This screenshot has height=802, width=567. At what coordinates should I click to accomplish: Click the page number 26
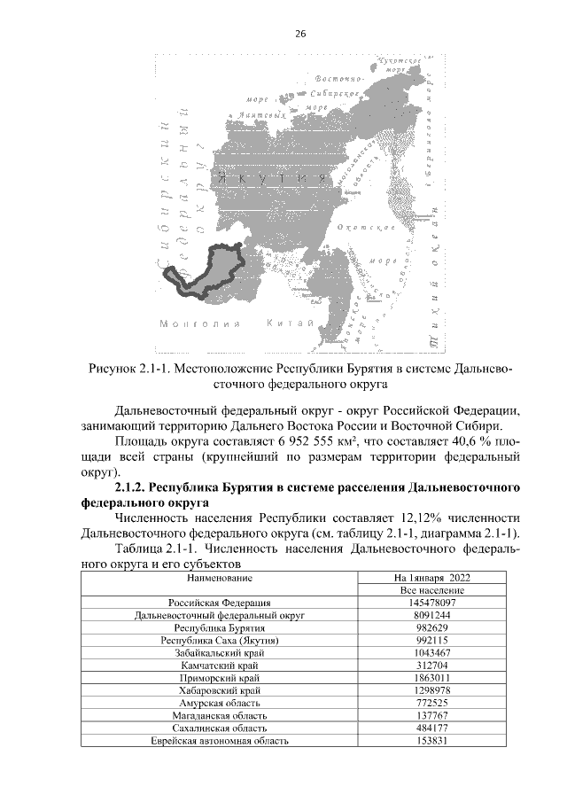coord(299,34)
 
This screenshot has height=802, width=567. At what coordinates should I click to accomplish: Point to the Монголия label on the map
coord(190,324)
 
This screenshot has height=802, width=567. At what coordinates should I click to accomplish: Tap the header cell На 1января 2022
coord(432,577)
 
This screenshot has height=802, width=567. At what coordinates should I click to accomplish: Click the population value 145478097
coord(432,603)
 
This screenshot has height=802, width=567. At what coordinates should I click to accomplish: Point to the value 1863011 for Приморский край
coord(432,678)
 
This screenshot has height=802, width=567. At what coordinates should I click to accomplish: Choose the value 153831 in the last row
coord(432,742)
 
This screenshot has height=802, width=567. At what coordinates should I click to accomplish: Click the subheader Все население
coord(432,589)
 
